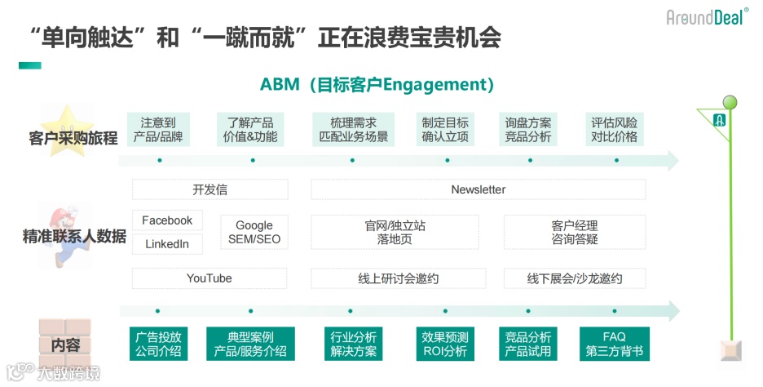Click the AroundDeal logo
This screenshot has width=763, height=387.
point(707,16)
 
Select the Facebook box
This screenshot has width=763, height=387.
point(167,220)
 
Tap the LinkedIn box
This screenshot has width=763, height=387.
point(167,243)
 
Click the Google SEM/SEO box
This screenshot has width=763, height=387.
point(254,232)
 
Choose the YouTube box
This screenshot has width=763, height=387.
point(209,278)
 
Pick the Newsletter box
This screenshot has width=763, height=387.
point(478,189)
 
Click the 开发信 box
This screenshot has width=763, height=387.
point(209,189)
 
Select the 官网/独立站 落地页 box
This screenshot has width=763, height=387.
point(395,232)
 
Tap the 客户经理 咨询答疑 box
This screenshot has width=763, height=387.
point(574,232)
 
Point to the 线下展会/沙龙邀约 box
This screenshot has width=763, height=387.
point(574,278)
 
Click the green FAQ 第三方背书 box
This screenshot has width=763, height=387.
point(614,344)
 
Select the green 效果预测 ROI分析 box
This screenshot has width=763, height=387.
point(445,344)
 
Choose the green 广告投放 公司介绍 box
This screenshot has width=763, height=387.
point(158,344)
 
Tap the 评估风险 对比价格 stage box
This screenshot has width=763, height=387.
point(614,129)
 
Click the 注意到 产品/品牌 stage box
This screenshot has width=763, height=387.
point(158,129)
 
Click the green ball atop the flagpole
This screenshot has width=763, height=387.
point(730,102)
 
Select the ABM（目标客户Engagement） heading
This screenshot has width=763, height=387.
point(377,84)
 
